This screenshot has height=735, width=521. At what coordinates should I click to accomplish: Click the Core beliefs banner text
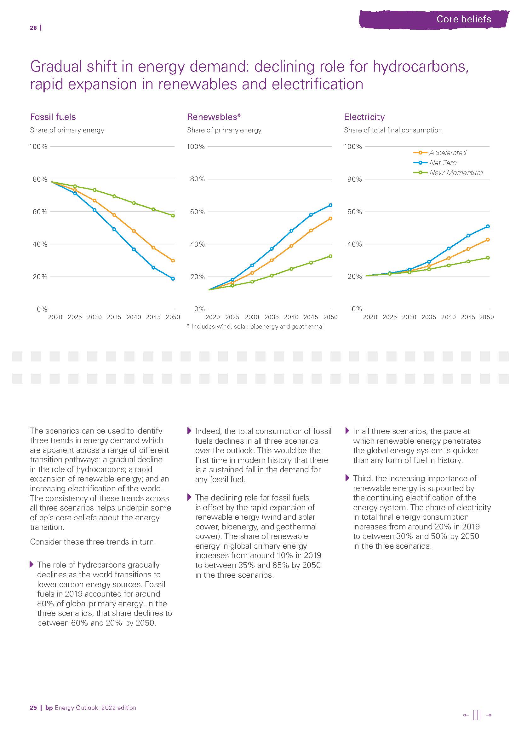(x=464, y=19)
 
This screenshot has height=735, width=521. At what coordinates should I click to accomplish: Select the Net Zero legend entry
(x=442, y=163)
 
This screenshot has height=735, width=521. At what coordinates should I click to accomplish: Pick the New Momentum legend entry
(x=455, y=173)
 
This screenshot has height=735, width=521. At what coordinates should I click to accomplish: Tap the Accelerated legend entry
(x=447, y=153)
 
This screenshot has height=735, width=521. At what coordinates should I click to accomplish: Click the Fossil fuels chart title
(x=53, y=117)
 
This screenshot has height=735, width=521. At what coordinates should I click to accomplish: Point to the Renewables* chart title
(x=214, y=117)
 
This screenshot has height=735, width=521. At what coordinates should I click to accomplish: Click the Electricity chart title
(x=364, y=117)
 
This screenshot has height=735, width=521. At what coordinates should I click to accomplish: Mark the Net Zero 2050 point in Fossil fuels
(x=173, y=279)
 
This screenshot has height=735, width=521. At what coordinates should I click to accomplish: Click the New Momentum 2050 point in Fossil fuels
(x=173, y=216)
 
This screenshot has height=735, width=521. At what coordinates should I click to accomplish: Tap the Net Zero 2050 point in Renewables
(x=330, y=205)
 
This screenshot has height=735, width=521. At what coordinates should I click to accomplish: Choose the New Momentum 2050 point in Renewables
(x=330, y=256)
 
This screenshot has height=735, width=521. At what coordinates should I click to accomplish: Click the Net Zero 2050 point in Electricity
(x=488, y=226)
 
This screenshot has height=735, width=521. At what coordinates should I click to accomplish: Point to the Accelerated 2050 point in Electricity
(x=488, y=240)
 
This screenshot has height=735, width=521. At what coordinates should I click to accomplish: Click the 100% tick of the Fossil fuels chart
(x=38, y=147)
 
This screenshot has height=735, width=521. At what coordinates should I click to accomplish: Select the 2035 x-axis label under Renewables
(x=272, y=317)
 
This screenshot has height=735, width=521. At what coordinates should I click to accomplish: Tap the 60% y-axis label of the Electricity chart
(x=354, y=212)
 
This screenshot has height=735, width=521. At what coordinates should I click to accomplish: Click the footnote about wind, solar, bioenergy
(x=255, y=327)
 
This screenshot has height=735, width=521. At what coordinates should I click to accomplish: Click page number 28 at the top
(x=33, y=28)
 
